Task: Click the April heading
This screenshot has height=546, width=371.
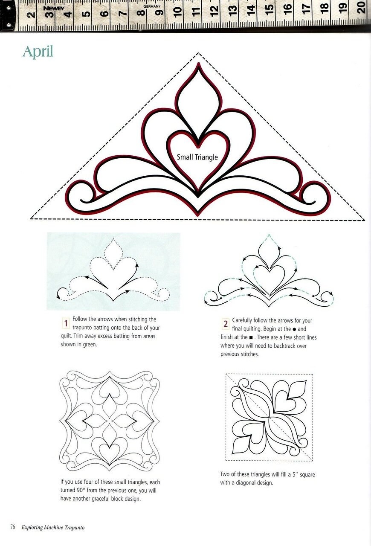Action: [x=38, y=52]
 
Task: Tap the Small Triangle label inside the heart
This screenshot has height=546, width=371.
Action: [x=197, y=157]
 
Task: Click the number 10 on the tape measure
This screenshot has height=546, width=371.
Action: [x=178, y=12]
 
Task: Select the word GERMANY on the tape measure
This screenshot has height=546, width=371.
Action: [x=152, y=6]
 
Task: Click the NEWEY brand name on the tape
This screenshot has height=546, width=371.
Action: [x=54, y=9]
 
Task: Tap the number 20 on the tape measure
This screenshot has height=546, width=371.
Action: [x=362, y=7]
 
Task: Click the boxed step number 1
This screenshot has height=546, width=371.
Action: [x=66, y=323]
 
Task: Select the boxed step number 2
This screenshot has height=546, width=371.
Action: [x=226, y=324]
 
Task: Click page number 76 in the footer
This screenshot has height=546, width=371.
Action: [x=13, y=527]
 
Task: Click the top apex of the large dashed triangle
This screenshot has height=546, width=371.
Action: [x=198, y=52]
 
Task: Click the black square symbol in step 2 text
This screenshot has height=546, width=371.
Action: [x=251, y=338]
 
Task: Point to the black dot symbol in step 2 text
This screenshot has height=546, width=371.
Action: [x=294, y=329]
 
